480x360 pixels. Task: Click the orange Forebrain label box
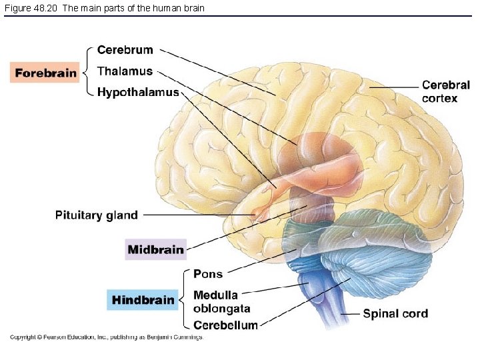click(x=45, y=73)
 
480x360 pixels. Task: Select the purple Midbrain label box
click(x=155, y=250)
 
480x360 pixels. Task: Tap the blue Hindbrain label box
click(x=143, y=300)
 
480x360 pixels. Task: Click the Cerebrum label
click(x=125, y=50)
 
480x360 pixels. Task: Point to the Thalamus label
click(x=125, y=71)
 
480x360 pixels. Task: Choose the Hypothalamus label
click(x=138, y=92)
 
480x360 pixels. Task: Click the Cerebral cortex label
click(x=445, y=92)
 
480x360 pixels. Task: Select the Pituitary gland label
click(x=97, y=215)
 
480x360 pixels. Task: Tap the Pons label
click(x=208, y=274)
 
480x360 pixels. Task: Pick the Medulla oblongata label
click(x=221, y=302)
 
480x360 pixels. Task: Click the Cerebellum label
click(x=225, y=325)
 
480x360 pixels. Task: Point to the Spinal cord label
click(x=395, y=313)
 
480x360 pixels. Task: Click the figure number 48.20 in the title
click(x=47, y=8)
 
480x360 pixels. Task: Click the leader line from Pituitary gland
click(x=200, y=215)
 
